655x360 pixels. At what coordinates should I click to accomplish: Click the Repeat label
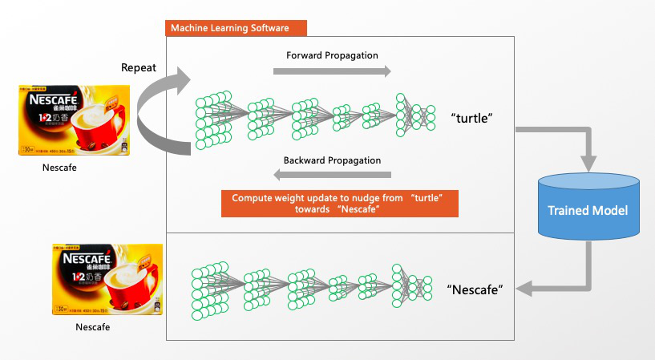[x=139, y=68]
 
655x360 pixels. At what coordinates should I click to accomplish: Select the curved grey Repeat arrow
[x=156, y=112]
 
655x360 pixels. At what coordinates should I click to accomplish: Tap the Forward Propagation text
[x=332, y=55]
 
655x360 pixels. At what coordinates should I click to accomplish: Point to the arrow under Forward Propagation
[x=332, y=71]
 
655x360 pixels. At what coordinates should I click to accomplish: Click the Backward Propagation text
[x=332, y=160]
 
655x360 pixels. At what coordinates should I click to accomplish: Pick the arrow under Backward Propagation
[x=332, y=175]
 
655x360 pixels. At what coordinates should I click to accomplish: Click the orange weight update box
[x=339, y=204]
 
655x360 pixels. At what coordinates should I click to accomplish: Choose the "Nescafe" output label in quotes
[x=475, y=289]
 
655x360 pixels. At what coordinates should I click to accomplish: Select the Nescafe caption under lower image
[x=92, y=327]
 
